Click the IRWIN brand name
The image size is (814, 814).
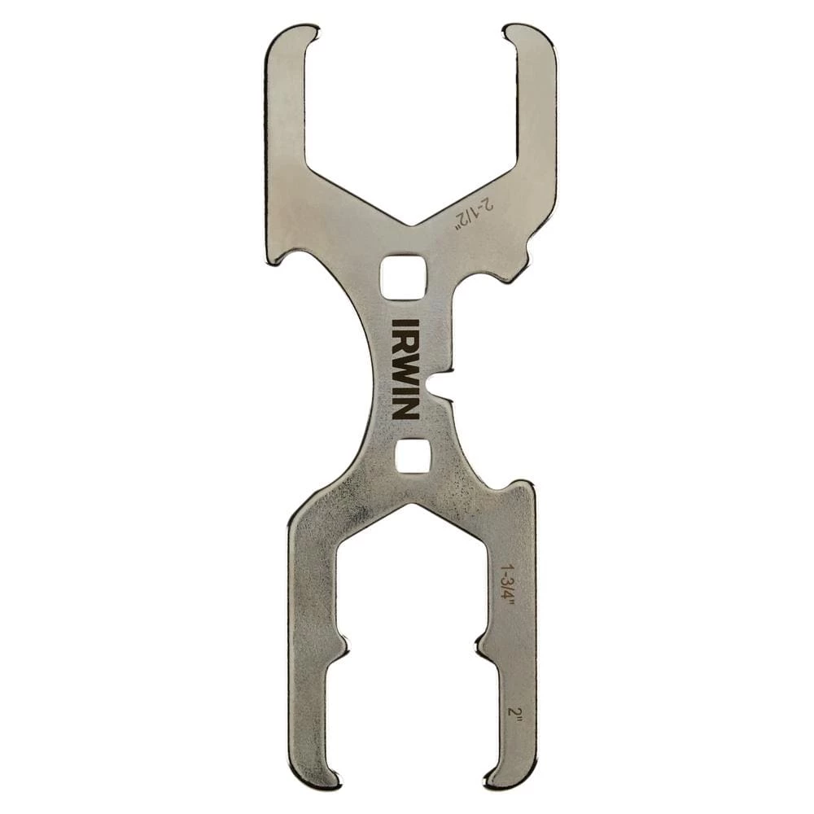click(x=405, y=369)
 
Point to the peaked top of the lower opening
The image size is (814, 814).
click(x=412, y=506)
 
